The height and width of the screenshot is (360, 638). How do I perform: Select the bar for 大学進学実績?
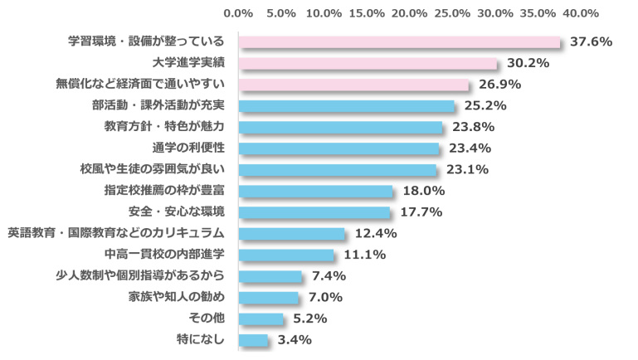click(x=368, y=63)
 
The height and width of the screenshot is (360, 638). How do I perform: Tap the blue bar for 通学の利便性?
click(x=338, y=148)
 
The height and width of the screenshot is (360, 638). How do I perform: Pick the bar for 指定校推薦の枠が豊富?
click(x=315, y=191)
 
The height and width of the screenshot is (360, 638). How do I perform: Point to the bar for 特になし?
click(x=253, y=339)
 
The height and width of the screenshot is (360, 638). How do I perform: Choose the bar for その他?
click(x=261, y=319)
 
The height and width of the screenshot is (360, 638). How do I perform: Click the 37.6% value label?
click(x=590, y=42)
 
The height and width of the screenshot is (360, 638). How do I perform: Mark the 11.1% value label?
click(x=363, y=255)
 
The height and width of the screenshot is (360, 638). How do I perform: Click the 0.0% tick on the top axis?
click(x=238, y=13)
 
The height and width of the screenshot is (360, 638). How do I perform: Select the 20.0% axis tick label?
click(x=409, y=13)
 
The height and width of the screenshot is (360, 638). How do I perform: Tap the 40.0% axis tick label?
click(x=580, y=13)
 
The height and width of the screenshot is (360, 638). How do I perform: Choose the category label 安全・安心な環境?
click(x=178, y=212)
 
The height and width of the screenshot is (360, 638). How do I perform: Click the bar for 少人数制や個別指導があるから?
click(x=270, y=275)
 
